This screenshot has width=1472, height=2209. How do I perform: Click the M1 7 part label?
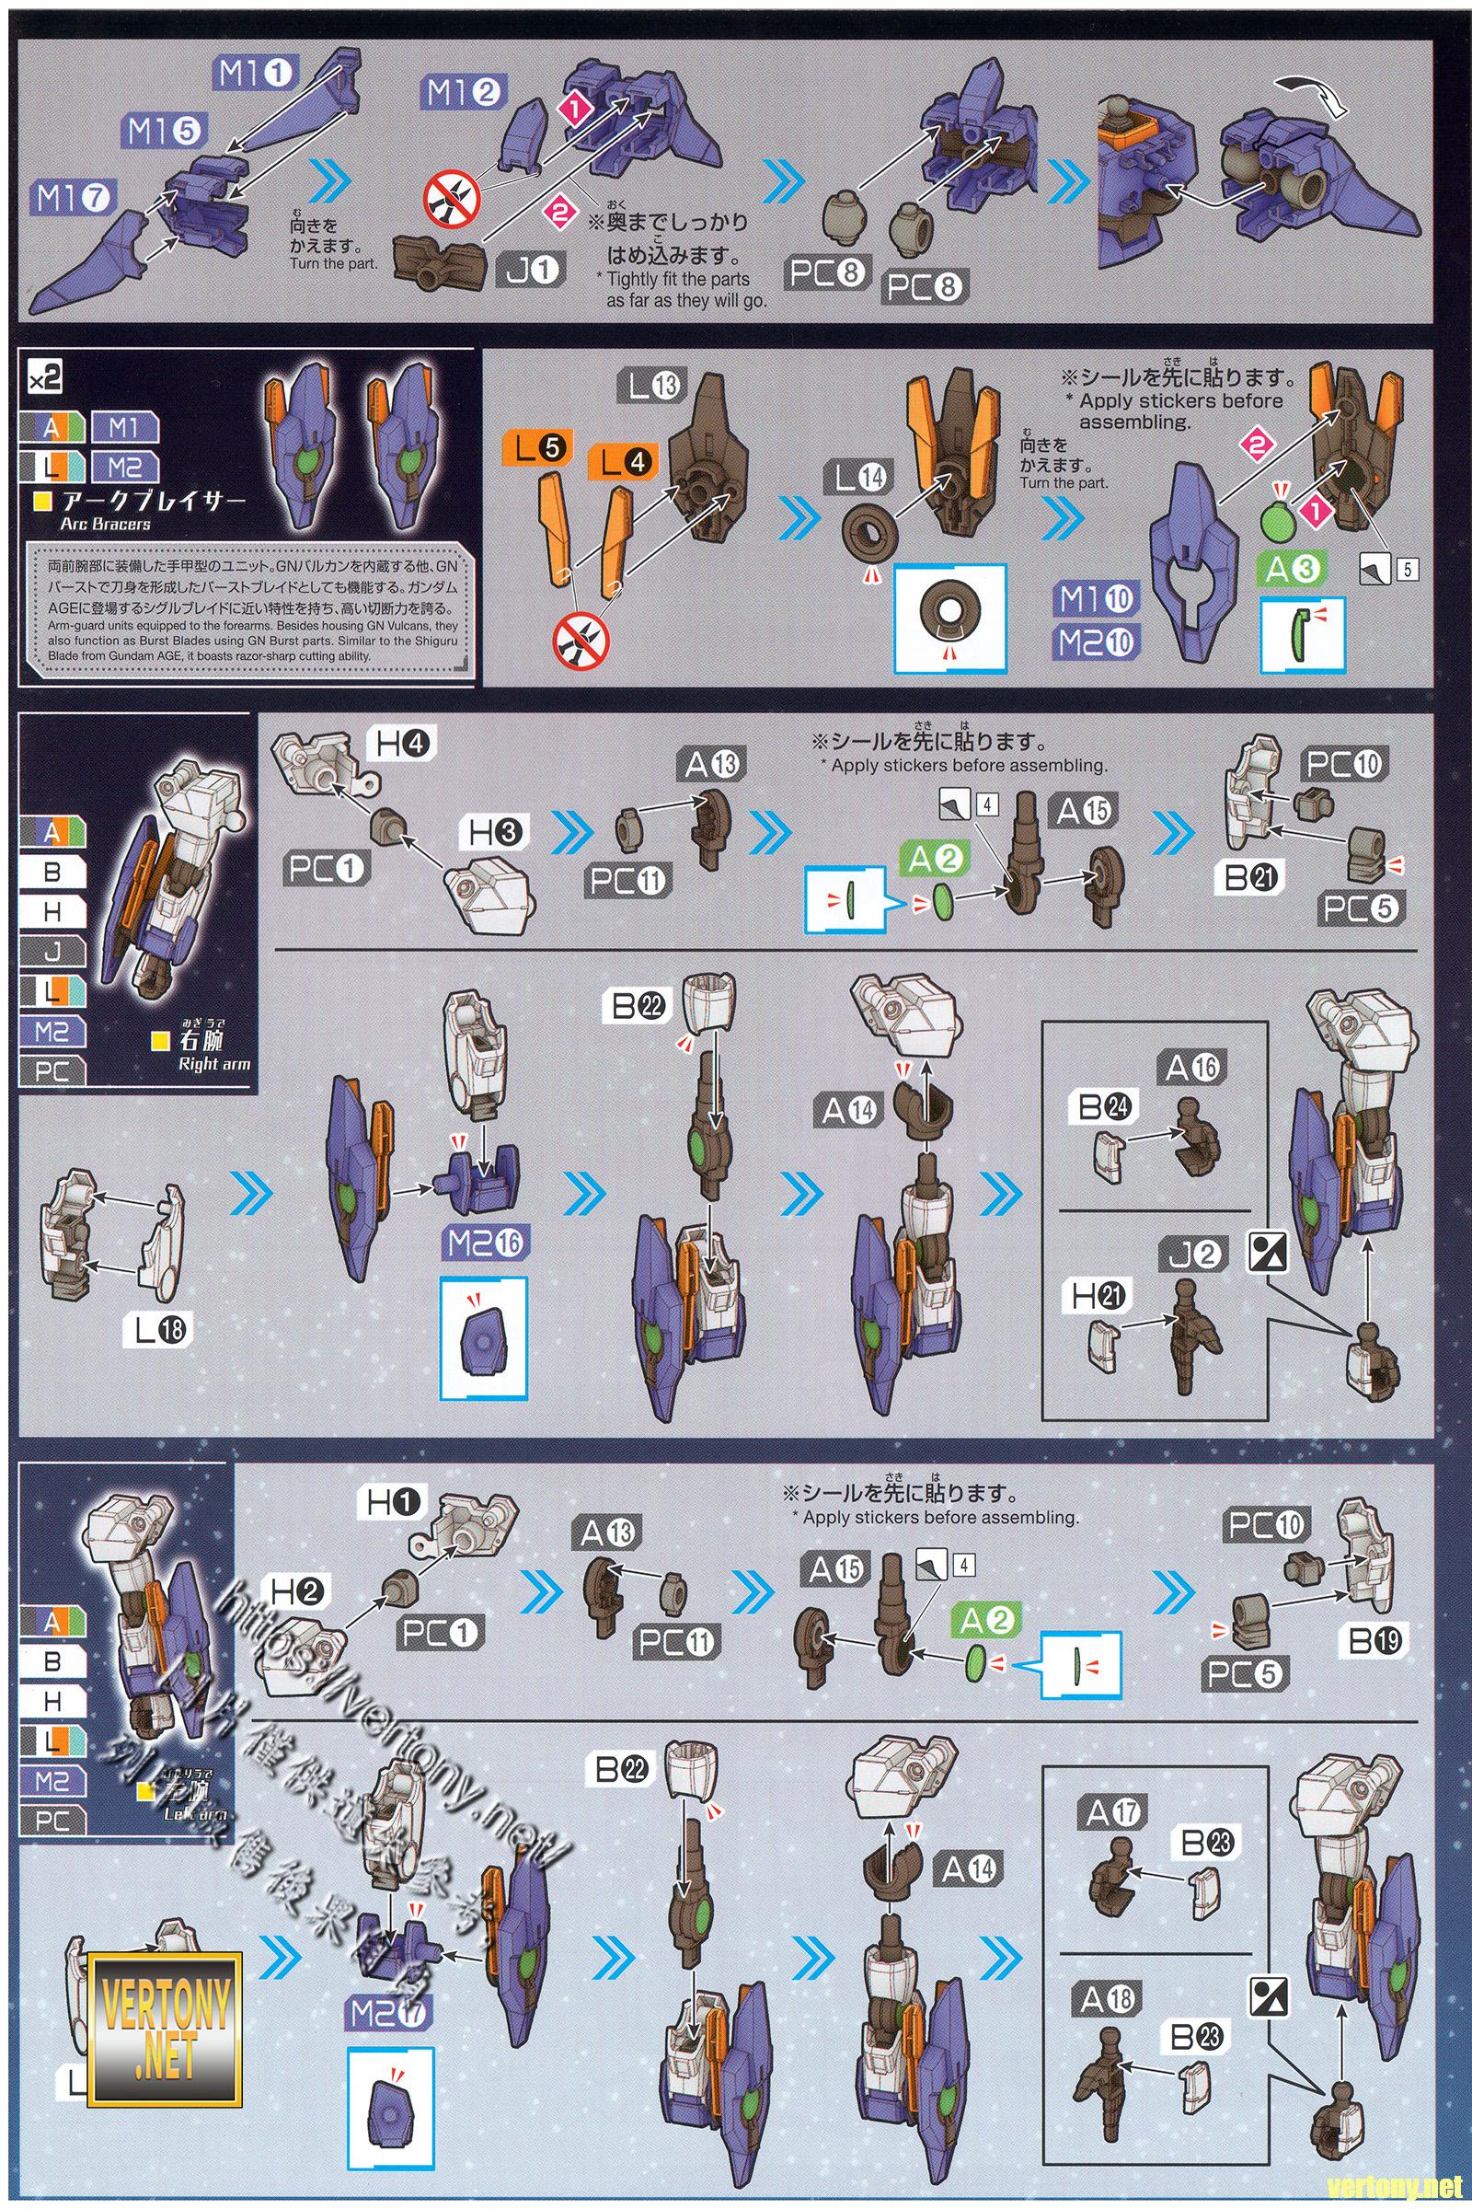click(74, 198)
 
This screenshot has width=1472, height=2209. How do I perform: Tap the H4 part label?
click(403, 746)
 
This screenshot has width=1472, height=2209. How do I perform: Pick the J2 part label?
click(1192, 1254)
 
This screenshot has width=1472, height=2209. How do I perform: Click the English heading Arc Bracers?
click(105, 523)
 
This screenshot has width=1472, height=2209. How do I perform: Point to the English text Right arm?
click(213, 1064)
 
